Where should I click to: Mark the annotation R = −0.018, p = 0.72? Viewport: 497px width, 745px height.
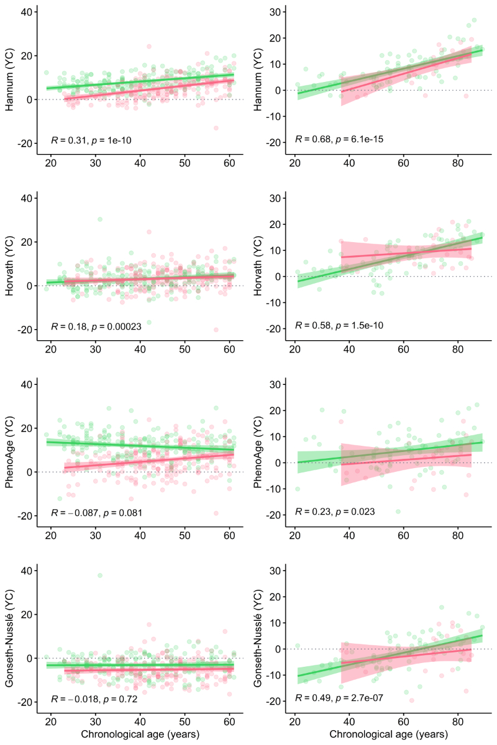pos(93,699)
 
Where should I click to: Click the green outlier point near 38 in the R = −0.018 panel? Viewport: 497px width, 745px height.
pos(100,576)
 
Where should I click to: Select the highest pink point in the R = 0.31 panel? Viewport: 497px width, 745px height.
pos(149,47)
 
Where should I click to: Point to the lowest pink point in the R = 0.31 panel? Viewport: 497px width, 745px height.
pos(216,128)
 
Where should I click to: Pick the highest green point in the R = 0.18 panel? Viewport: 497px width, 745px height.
pos(100,219)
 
